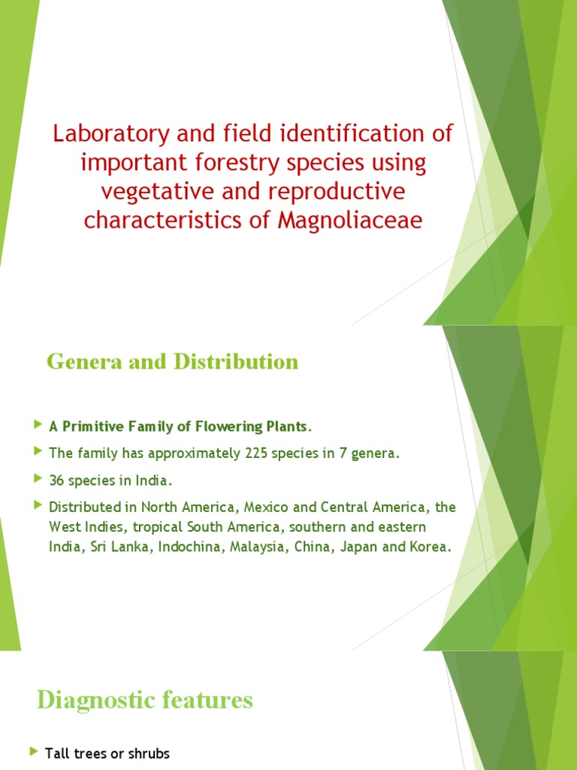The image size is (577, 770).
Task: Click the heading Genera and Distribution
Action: pyautogui.click(x=172, y=362)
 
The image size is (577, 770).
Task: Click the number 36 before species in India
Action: pyautogui.click(x=56, y=480)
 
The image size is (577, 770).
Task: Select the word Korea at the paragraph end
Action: pyautogui.click(x=431, y=546)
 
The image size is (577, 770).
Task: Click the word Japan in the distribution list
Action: pyautogui.click(x=360, y=546)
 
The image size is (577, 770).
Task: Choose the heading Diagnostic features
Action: pyautogui.click(x=145, y=701)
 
